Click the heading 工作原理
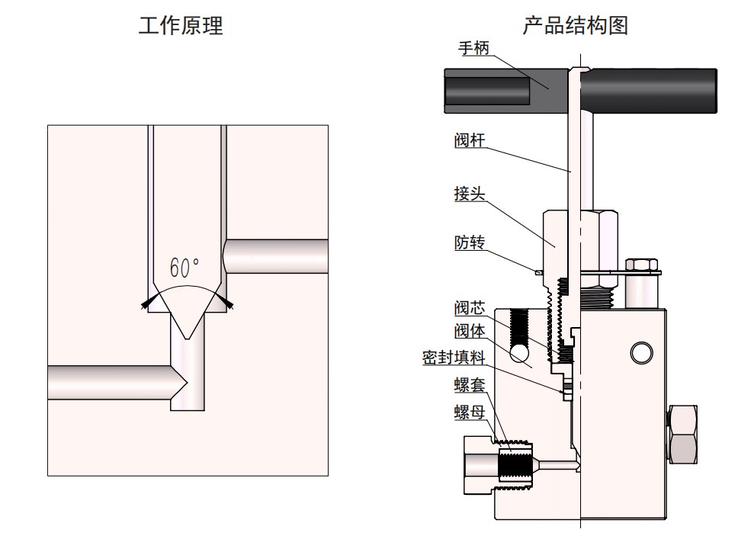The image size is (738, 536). (181, 25)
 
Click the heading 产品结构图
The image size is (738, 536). (575, 25)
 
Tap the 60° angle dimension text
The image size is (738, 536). (184, 268)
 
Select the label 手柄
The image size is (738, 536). (473, 48)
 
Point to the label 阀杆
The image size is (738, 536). (470, 140)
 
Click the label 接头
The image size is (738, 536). (470, 194)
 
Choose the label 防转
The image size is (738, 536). (470, 242)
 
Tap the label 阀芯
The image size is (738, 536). (470, 308)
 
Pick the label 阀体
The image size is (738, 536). (470, 331)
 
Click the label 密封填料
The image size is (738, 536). (454, 358)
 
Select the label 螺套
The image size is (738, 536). (470, 385)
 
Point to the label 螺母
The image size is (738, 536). (470, 412)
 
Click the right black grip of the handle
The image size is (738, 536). (650, 91)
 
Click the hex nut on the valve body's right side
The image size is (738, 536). (682, 435)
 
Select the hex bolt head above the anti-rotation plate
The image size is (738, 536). (641, 264)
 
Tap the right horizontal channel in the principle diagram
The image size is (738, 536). (276, 256)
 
